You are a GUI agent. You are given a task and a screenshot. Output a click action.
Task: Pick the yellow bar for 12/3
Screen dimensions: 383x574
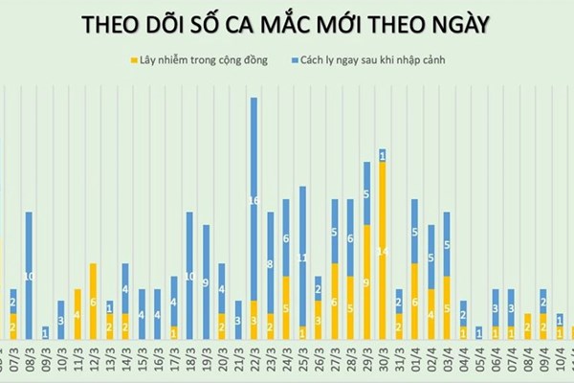point(93,302)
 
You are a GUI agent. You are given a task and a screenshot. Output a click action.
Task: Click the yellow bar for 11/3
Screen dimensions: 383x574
point(77,314)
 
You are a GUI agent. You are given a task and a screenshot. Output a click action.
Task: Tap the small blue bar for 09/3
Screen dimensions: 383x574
point(45,332)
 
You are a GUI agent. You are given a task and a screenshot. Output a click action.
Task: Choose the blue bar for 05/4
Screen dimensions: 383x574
point(479,332)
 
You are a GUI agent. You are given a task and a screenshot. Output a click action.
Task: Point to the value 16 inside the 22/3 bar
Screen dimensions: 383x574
point(254,201)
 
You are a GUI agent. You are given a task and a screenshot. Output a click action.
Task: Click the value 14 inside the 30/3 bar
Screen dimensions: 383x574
point(383,251)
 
